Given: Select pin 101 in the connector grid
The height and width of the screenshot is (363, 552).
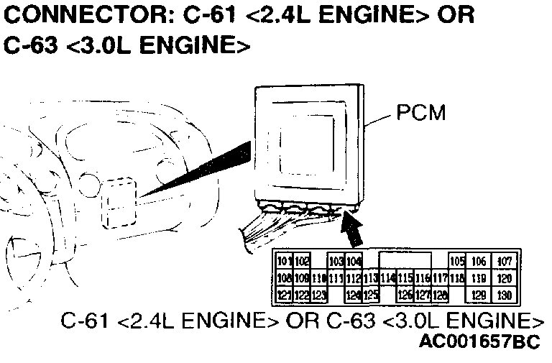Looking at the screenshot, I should click(x=284, y=261).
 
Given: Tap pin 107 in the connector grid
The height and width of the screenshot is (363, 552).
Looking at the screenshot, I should click(x=505, y=261).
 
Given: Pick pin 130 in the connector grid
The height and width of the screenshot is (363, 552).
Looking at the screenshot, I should click(x=505, y=295).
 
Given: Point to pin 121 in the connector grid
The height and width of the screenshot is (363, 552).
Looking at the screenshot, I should click(x=284, y=295).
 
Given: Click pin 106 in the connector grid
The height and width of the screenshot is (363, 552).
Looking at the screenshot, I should click(x=479, y=261).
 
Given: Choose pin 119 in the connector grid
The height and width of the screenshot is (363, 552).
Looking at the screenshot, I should click(x=479, y=278).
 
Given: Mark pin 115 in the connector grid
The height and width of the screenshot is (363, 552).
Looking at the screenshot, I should click(x=405, y=278).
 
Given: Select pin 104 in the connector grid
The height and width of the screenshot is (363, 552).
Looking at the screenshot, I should click(x=354, y=261).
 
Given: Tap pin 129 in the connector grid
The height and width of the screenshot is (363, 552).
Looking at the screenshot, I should click(x=479, y=295).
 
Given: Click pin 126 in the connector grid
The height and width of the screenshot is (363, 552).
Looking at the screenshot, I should click(x=405, y=295).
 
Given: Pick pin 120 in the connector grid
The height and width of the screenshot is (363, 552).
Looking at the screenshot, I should click(x=505, y=278).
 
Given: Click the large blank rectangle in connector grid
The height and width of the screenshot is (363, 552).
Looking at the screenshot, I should click(x=405, y=260).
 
